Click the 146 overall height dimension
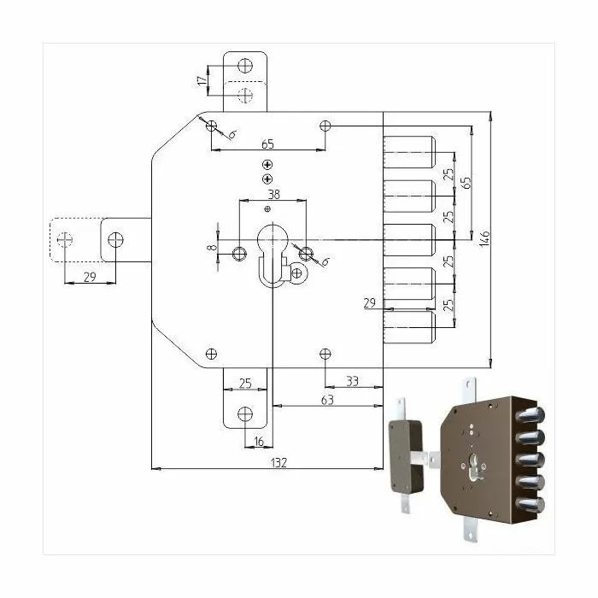coord(484,238)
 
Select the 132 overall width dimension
coord(278,463)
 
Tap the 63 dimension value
coord(327,400)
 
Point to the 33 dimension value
coord(352,381)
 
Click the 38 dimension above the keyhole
coord(274,195)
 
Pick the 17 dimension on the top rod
coord(202,80)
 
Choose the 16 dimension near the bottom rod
coord(259,442)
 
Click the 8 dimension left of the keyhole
coord(212,247)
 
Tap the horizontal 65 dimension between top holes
coord(267,144)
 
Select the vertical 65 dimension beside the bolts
coord(466,182)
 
